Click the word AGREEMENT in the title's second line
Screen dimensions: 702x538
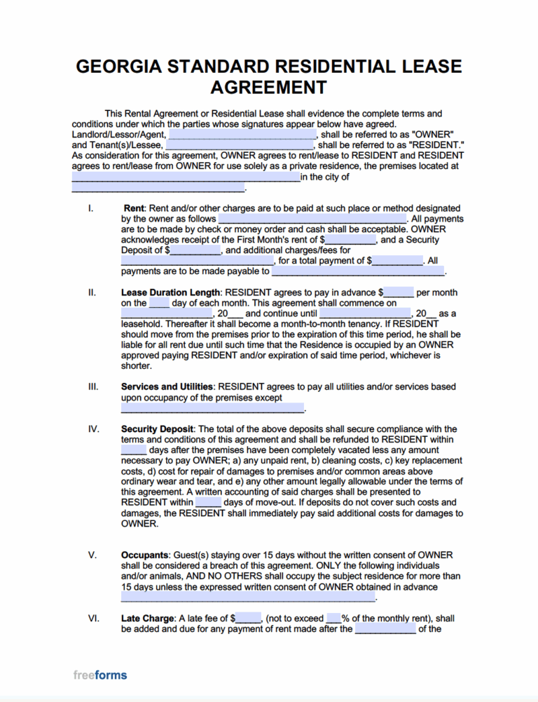click(x=268, y=88)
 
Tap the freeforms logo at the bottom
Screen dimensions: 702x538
click(x=100, y=675)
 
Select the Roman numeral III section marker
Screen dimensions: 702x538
click(x=93, y=387)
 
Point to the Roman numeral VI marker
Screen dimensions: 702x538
click(x=93, y=619)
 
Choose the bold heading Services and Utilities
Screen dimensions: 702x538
click(x=168, y=387)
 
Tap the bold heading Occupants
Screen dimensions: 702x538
click(x=147, y=555)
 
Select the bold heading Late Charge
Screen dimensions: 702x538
click(x=148, y=619)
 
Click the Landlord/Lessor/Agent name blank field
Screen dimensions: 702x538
click(x=242, y=135)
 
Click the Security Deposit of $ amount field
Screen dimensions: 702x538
click(x=195, y=250)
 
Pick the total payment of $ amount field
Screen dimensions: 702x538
click(x=397, y=261)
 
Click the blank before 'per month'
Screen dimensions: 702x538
click(x=399, y=292)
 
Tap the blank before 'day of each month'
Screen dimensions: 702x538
click(x=159, y=303)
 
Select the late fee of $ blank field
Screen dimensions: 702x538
click(x=249, y=619)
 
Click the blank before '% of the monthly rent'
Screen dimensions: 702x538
click(x=333, y=619)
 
